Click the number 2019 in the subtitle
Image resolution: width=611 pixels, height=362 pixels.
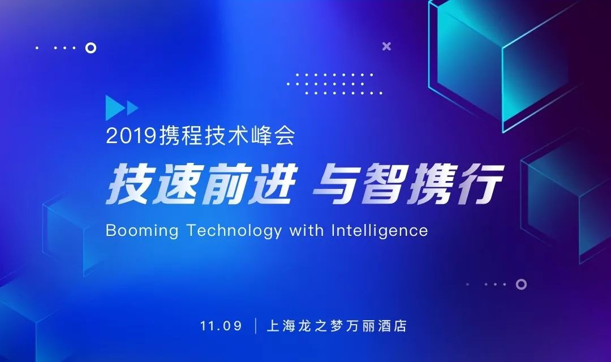[131, 136]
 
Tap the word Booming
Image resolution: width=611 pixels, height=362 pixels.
[142, 231]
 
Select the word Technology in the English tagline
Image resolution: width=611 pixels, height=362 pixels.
[234, 231]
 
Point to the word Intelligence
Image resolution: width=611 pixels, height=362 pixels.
[380, 231]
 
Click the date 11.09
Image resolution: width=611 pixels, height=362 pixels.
[221, 326]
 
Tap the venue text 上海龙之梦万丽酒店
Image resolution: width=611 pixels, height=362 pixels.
[337, 326]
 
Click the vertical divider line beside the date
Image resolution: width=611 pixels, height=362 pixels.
[256, 326]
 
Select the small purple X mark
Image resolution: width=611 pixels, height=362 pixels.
[386, 46]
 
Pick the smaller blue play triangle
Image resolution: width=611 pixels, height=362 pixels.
[132, 108]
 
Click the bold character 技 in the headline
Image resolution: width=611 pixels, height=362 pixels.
[128, 183]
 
